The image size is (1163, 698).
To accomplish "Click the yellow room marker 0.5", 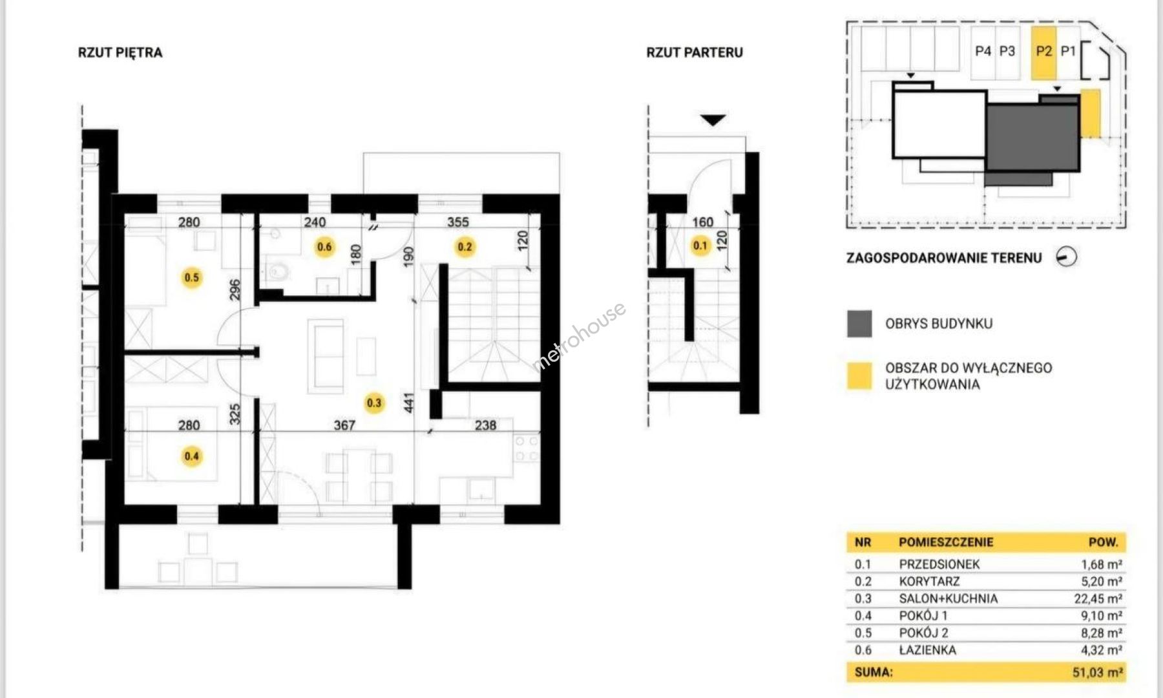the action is [192, 278].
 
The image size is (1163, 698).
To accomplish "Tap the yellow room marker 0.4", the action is [192, 456].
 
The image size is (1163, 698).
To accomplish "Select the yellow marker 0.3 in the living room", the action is [374, 403].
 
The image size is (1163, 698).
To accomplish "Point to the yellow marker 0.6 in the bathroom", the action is [324, 247].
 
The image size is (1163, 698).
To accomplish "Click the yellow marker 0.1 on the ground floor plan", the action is [700, 246].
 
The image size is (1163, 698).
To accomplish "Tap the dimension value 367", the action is [344, 425].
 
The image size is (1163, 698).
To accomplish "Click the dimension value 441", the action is [408, 403].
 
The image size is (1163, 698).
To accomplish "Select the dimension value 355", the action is [458, 222].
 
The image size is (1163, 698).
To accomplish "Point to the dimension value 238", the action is [485, 425].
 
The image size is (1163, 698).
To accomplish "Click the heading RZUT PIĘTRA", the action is [120, 53].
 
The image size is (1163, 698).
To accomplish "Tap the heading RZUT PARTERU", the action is [695, 53].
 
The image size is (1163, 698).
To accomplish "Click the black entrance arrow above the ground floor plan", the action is [713, 120].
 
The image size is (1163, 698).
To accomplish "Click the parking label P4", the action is [983, 51].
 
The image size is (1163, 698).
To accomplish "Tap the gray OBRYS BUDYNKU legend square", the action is [859, 324].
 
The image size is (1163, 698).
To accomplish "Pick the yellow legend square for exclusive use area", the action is [859, 376].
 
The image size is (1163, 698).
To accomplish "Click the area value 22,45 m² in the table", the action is [1098, 598].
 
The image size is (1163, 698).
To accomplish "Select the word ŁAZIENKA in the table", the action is [927, 650].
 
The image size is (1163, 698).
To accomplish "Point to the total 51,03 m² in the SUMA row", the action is [1097, 672].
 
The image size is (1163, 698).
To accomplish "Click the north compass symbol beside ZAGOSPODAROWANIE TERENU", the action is [1067, 257].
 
